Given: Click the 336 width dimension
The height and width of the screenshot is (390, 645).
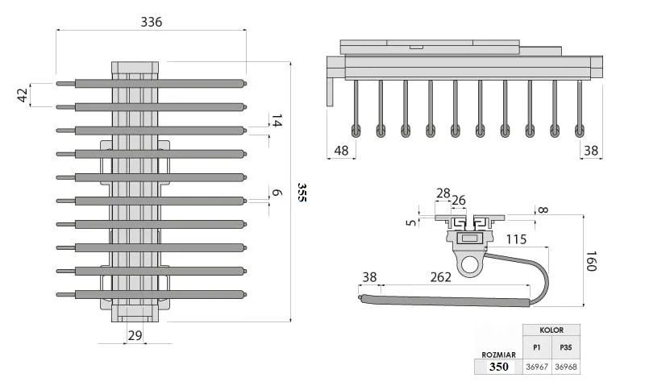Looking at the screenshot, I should pos(151,22).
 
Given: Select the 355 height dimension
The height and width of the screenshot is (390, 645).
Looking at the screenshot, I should pos(301,192).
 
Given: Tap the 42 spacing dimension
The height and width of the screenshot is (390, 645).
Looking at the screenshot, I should pos(23,94).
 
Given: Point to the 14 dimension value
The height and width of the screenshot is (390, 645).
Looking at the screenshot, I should pos(277,122).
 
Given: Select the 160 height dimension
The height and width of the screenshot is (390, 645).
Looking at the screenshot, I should pos(591,261).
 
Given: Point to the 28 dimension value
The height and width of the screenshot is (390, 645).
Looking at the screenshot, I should pos(443,193).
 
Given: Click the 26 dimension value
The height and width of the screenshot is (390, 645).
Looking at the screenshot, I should pos(458,201).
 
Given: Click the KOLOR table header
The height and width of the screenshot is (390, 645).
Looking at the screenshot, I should pos(551,330).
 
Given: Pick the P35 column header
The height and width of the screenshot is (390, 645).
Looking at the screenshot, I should pos(565,347).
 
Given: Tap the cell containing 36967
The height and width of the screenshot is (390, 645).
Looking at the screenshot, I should pos(537,367).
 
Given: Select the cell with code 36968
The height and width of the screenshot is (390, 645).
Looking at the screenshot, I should pos(565,367).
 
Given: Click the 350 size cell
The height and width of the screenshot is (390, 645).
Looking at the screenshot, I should pos(498,367).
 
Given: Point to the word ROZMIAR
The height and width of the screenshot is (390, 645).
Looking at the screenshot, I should pos(498,354).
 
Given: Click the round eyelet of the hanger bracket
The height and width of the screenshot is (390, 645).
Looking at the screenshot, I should pos(468,262).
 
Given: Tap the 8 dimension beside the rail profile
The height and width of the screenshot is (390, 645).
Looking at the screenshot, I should pos(542,211).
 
